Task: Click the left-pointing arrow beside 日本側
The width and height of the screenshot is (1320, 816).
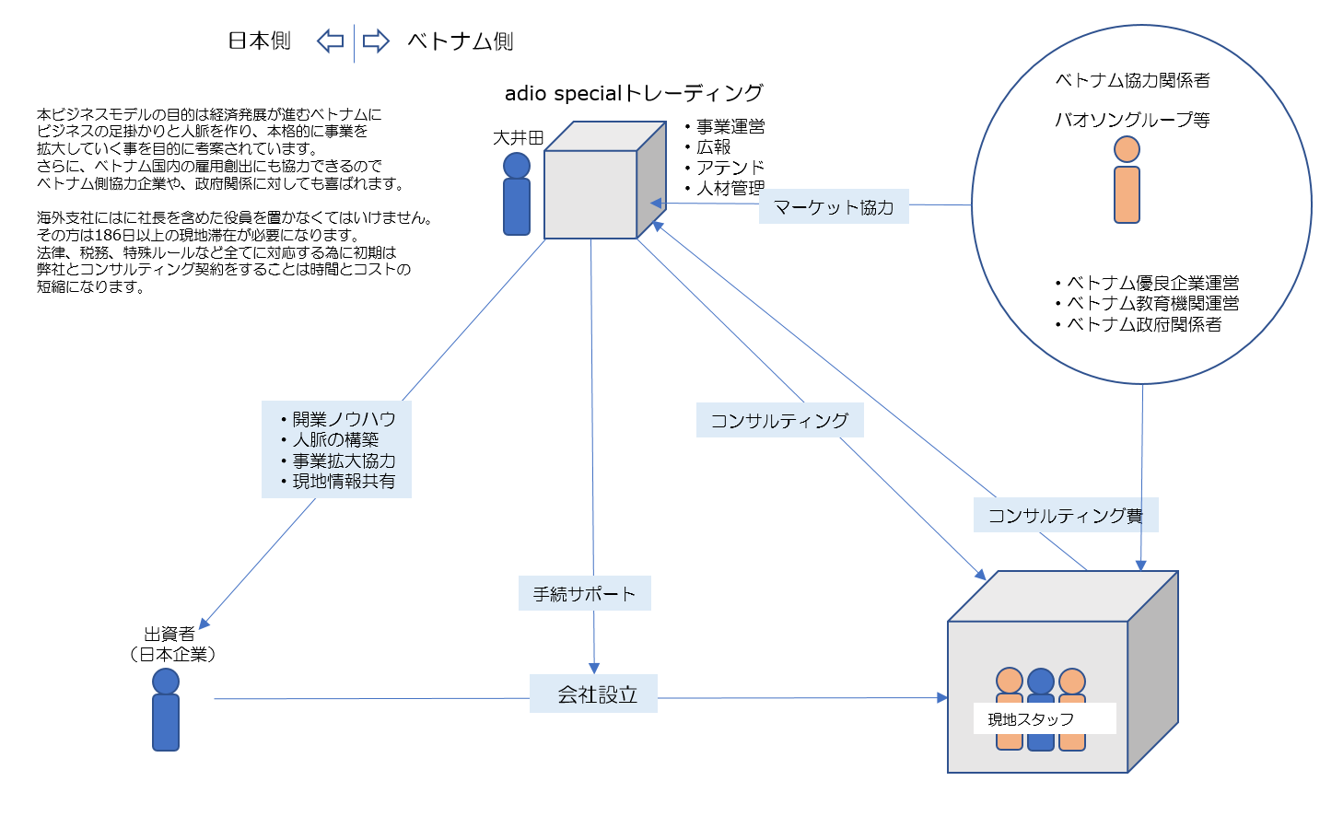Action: [330, 41]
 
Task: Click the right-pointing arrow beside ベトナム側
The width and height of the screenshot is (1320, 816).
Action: [375, 41]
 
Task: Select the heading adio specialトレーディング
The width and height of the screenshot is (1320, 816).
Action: [634, 93]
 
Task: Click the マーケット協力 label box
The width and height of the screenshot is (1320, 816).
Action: [834, 207]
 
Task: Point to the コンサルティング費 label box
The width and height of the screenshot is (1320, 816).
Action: [1065, 515]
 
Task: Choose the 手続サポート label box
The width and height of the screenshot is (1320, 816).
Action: [584, 594]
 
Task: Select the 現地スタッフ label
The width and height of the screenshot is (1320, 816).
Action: [1031, 719]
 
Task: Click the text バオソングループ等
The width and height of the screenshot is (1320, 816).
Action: [1132, 120]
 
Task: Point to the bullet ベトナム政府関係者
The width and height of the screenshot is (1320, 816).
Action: [1143, 324]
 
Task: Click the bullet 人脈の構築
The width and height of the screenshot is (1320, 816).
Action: [335, 440]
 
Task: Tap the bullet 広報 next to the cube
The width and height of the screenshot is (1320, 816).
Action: [713, 147]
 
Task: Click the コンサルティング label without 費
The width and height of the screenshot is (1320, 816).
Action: [779, 420]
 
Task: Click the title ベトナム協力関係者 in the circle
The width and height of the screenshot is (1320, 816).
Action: [1132, 80]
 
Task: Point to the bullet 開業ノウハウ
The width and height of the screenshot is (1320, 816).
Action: [343, 419]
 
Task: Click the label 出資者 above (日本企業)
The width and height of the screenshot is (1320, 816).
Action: [169, 634]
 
